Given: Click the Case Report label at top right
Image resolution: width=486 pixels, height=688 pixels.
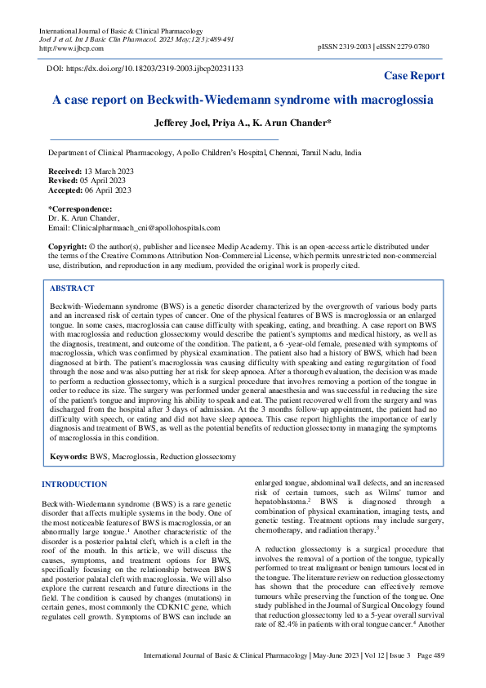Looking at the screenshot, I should [415, 75].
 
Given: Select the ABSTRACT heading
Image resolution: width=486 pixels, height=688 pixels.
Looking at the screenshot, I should [73, 288].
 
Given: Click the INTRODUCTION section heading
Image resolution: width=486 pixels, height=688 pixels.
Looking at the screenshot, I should [74, 485].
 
